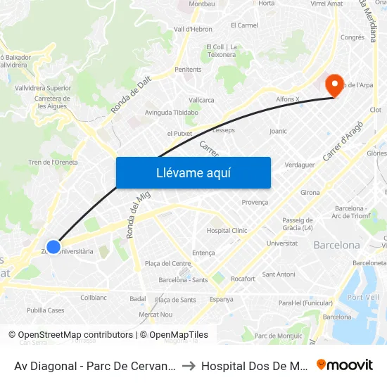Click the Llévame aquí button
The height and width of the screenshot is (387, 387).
193,172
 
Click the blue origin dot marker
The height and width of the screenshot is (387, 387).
53,247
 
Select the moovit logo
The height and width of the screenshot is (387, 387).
345,364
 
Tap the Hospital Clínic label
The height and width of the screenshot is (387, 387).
227,231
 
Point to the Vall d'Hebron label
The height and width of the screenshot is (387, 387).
193,30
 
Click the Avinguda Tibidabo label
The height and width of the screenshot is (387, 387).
171,113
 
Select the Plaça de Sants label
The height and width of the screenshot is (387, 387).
175,300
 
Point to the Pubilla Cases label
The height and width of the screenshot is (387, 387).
45,310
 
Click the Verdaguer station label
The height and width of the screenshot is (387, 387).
298,165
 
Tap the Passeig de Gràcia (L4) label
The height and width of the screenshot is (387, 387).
298,224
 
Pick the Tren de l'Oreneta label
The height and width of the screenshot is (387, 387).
53,163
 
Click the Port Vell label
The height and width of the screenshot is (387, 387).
363,298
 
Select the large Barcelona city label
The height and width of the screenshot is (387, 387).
336,246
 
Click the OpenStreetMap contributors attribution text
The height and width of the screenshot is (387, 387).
75,335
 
